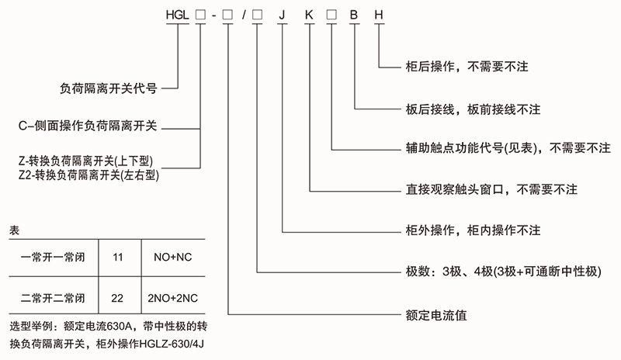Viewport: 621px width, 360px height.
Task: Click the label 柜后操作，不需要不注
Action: click(x=470, y=67)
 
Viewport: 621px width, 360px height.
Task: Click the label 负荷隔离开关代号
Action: click(x=109, y=88)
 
